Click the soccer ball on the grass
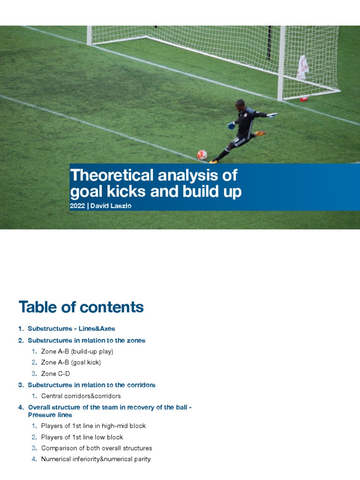(x=202, y=155)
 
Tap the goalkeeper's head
(x=240, y=104)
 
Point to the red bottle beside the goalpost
(x=304, y=99)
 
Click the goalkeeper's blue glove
(x=231, y=126)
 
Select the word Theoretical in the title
(x=111, y=175)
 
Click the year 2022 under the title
(x=77, y=206)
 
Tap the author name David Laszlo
(x=111, y=206)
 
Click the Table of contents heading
(x=81, y=307)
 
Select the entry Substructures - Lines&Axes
(x=71, y=329)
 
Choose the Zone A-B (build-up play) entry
(x=77, y=351)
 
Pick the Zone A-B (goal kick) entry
(x=71, y=362)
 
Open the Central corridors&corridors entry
(x=81, y=396)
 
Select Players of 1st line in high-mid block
(x=93, y=426)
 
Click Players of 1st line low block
(x=82, y=437)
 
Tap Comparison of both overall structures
(x=97, y=448)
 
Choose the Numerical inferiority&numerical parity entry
(x=96, y=459)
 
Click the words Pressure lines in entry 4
(x=50, y=415)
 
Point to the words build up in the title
(x=213, y=192)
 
